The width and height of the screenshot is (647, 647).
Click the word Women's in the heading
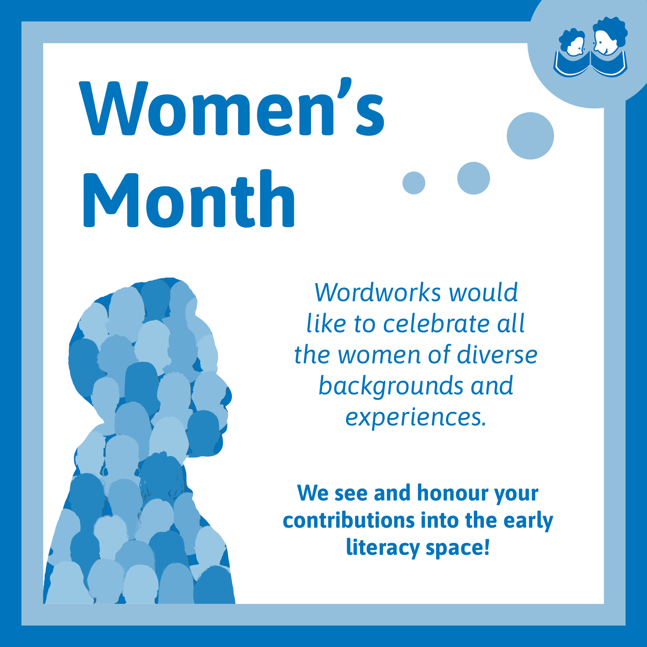232,106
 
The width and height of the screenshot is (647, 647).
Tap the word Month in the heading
189,198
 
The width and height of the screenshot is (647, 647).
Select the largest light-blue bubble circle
530,136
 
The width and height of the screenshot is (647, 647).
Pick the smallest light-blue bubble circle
414,183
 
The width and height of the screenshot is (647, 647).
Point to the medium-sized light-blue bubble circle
474,178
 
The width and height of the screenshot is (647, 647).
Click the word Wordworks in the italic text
378,292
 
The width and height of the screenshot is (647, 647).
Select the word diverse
497,355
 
